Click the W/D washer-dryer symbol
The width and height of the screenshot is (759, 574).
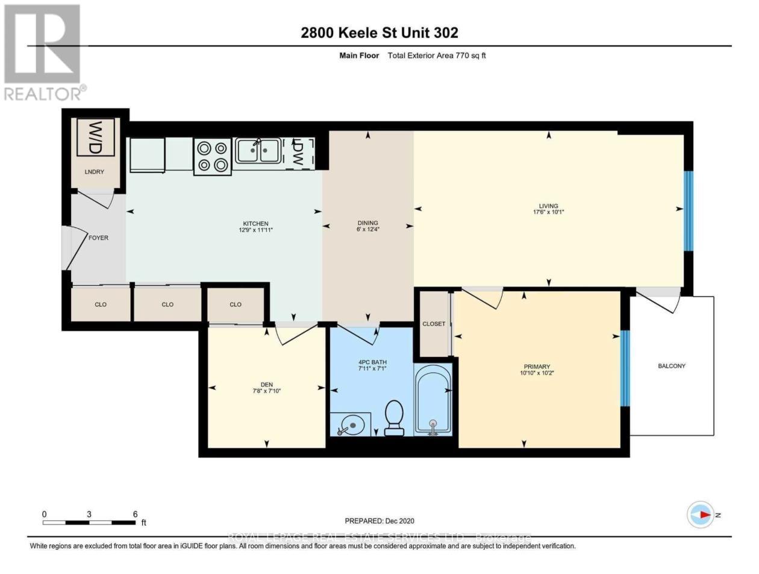click(x=95, y=137)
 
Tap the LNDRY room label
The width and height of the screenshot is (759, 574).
click(x=95, y=172)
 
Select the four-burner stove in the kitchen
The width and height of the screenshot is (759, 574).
click(x=213, y=156)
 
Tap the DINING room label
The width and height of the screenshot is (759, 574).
click(x=367, y=222)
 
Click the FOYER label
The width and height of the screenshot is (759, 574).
click(x=98, y=238)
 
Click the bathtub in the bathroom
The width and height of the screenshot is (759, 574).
click(x=432, y=399)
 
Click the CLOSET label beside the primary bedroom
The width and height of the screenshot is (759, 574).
click(x=434, y=324)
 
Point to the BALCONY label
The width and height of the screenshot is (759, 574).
click(x=671, y=366)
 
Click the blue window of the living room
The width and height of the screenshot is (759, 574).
click(x=689, y=210)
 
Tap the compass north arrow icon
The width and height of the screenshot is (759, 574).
click(x=701, y=515)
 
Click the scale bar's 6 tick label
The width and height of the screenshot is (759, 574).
click(x=135, y=514)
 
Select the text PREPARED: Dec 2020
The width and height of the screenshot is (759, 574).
click(x=379, y=521)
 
